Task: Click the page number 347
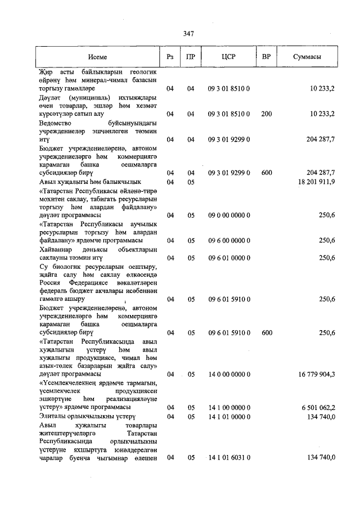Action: pyautogui.click(x=188, y=34)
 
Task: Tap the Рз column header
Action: pyautogui.click(x=170, y=57)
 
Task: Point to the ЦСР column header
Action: pyautogui.click(x=228, y=57)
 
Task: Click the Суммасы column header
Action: pyautogui.click(x=307, y=57)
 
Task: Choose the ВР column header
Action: pyautogui.click(x=267, y=57)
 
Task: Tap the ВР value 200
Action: pyautogui.click(x=267, y=114)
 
